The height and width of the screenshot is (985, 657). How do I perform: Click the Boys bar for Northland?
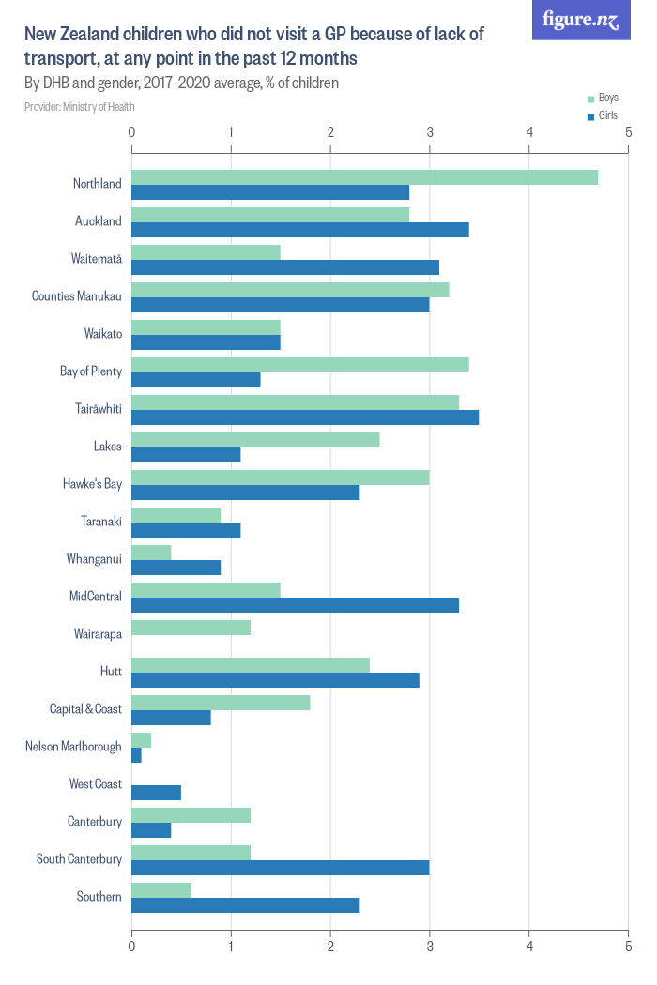364,177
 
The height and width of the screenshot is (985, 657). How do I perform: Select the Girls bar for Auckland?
299,230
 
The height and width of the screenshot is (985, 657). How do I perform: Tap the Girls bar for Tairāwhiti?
305,417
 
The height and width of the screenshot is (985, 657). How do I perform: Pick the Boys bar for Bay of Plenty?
299,365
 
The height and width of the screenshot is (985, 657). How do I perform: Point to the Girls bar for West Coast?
156,793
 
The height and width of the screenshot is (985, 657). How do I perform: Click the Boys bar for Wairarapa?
191,628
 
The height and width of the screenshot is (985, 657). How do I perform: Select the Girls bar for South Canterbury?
280,868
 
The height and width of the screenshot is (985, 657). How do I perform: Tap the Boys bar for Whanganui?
151,553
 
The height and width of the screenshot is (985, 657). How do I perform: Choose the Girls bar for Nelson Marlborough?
136,755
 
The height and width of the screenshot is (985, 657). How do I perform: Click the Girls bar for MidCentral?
295,605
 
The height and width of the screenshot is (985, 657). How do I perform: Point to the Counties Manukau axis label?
77,296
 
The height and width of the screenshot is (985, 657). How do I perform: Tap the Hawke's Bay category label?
93,484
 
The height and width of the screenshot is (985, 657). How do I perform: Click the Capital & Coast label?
85,709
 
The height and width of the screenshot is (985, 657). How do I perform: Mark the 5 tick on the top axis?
628,132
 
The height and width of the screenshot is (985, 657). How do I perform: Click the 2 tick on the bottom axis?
330,948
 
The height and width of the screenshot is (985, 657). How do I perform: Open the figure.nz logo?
581,20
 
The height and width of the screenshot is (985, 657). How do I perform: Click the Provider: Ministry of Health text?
80,107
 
